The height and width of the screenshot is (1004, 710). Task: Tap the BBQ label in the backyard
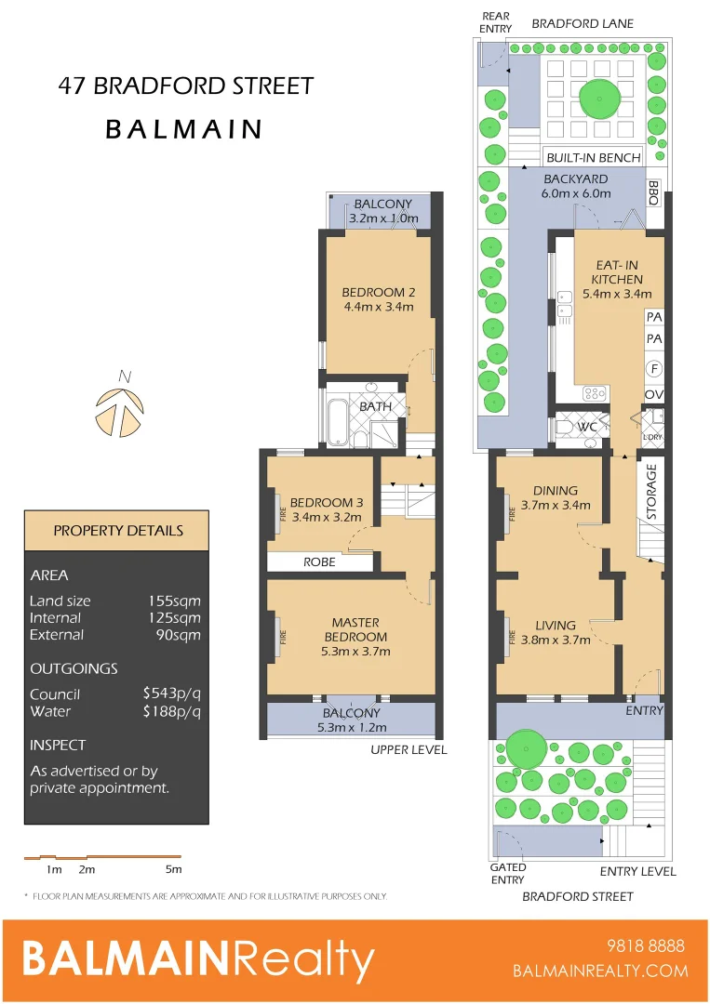653,193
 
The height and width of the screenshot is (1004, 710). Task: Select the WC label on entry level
587,427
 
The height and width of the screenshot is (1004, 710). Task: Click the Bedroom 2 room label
378,291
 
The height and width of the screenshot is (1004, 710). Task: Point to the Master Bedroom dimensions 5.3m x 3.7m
355,651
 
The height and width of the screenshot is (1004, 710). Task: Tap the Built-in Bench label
593,157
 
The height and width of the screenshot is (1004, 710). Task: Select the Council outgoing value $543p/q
171,694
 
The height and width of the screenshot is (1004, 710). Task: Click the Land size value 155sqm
174,601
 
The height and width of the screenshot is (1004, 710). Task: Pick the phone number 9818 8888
645,946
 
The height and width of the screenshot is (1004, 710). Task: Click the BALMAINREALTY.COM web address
600,971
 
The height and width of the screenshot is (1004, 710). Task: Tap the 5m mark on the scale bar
173,870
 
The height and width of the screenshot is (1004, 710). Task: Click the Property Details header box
118,531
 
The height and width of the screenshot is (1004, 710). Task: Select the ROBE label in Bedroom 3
319,561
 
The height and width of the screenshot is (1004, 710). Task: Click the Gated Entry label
508,874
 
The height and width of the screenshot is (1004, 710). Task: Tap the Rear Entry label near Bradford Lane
496,22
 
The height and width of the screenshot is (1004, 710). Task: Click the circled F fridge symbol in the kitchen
654,369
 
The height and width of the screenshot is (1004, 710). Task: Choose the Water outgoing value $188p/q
171,712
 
